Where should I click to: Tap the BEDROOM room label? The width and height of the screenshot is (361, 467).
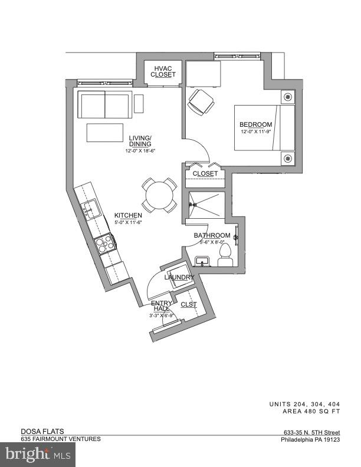(255, 124)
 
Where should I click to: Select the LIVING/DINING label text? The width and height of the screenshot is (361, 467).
(140, 142)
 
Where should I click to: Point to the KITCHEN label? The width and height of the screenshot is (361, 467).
(128, 215)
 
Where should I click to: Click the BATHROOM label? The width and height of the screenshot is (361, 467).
(212, 235)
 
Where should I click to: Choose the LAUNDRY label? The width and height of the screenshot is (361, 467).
(179, 277)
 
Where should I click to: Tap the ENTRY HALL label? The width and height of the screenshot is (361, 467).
(162, 306)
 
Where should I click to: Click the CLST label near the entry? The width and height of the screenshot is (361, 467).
(189, 304)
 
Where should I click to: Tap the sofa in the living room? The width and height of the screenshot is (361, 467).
(105, 105)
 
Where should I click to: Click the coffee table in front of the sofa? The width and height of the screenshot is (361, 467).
(104, 133)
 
